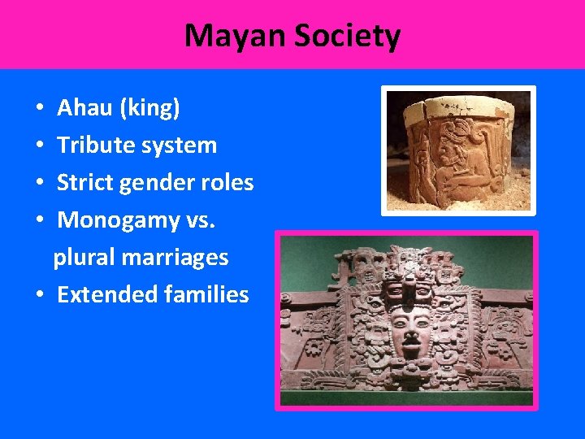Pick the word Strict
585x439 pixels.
click(84, 183)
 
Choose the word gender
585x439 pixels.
click(161, 184)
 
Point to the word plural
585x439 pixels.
click(84, 258)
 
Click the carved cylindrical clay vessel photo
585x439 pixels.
click(459, 150)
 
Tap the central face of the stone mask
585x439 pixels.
click(410, 329)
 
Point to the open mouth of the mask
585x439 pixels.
click(410, 352)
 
